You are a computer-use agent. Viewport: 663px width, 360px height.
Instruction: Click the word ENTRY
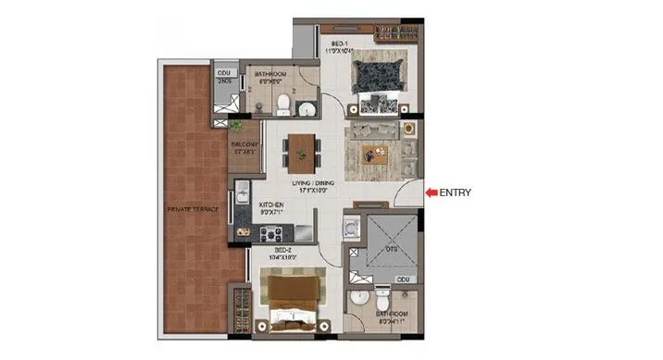(x=456, y=192)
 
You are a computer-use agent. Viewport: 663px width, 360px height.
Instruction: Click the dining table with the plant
(x=301, y=149)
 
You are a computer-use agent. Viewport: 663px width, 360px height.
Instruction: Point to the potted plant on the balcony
(x=238, y=123)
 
